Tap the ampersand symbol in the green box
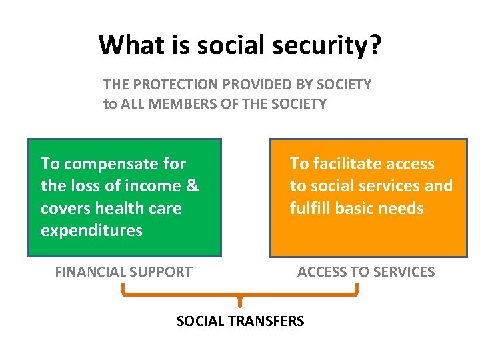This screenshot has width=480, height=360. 192,186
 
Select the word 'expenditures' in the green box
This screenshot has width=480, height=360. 91,231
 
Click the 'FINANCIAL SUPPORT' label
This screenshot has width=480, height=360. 123,272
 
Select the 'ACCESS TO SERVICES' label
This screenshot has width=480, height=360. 366,272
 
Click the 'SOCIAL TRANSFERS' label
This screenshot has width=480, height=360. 240,321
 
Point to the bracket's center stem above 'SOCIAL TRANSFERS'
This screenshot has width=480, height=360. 240,301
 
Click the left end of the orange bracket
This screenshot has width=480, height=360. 123,288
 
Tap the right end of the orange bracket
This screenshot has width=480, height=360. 357,288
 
